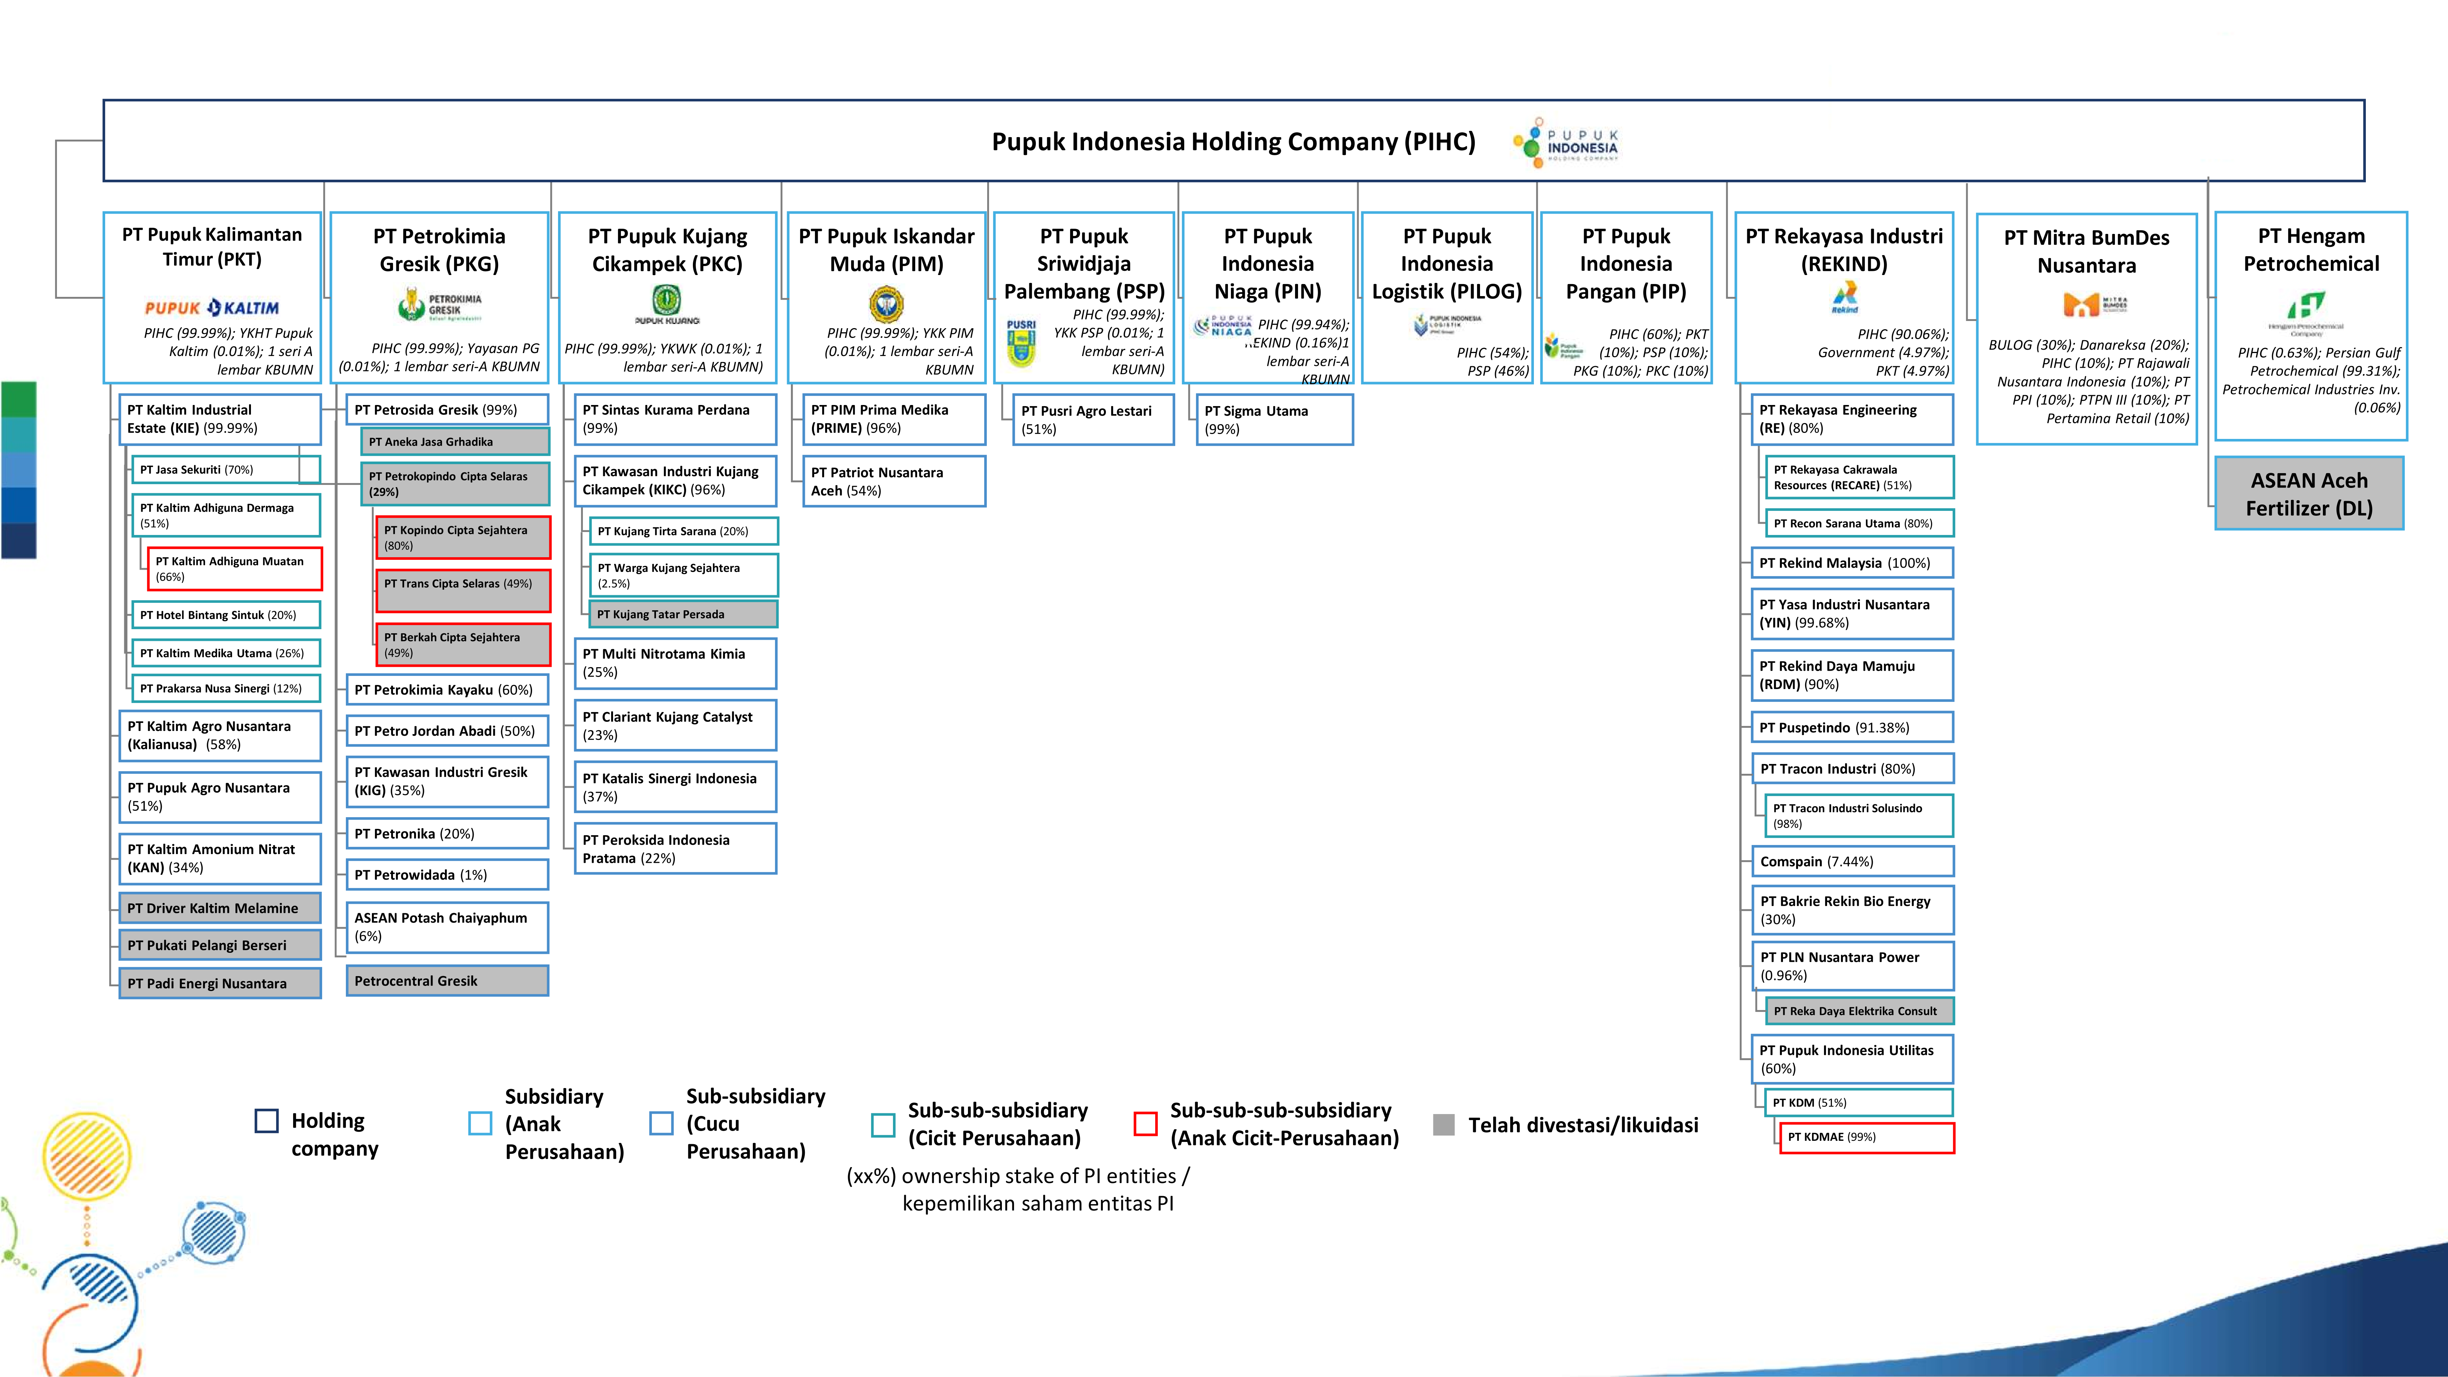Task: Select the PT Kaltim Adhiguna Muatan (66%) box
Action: tap(235, 568)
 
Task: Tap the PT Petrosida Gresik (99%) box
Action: tap(446, 410)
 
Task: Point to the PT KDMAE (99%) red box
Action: tap(1866, 1137)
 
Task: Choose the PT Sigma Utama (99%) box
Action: tap(1274, 419)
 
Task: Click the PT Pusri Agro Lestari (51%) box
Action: tap(1093, 419)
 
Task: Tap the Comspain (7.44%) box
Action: tap(1851, 861)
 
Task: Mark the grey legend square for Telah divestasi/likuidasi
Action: tap(1443, 1124)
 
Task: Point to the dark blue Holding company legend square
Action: tap(267, 1121)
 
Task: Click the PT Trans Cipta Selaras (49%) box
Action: tap(463, 590)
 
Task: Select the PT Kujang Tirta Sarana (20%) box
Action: tap(683, 531)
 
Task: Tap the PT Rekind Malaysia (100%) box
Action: tap(1851, 562)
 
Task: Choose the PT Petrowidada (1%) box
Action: tap(446, 874)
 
